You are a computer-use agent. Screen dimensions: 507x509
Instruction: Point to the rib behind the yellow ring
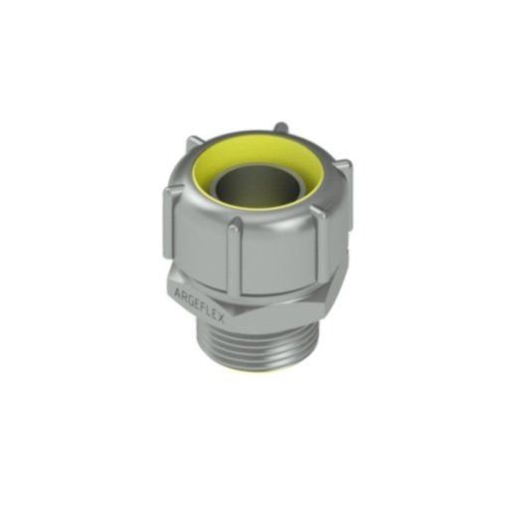[282, 126]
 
